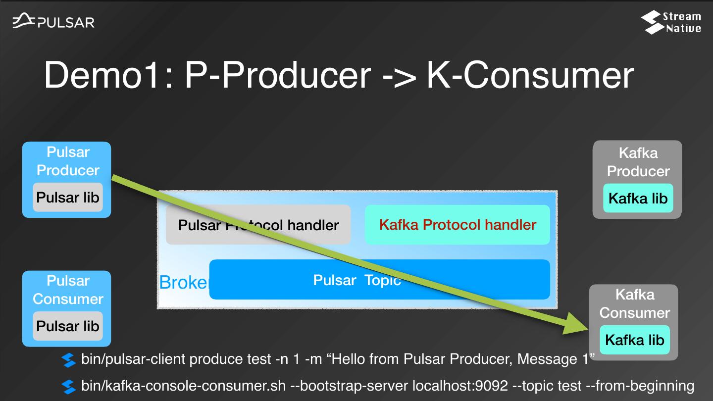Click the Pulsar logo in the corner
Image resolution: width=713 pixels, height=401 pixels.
tap(53, 21)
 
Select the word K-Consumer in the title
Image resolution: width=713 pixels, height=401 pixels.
tap(530, 75)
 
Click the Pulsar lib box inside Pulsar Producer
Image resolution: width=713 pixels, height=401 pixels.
tap(68, 198)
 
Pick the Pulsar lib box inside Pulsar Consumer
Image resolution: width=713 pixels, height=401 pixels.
tap(68, 326)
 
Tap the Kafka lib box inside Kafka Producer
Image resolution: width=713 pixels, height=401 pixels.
tap(638, 198)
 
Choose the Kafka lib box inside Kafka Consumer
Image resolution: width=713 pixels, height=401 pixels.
tap(635, 340)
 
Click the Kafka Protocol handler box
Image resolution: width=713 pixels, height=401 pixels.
tap(458, 225)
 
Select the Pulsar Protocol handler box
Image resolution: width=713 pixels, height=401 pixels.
tap(258, 225)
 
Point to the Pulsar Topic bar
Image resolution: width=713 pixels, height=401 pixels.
tap(379, 279)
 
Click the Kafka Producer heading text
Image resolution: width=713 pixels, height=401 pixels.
tap(638, 162)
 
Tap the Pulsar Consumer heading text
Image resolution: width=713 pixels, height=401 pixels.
tap(68, 290)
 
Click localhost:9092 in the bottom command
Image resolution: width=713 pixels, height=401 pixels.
tap(460, 386)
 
